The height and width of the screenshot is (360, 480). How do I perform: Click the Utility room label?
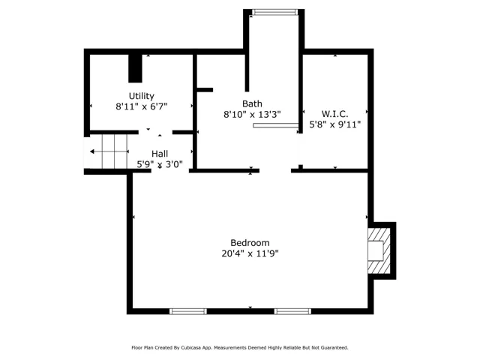(141, 96)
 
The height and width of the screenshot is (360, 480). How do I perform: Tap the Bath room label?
(252, 103)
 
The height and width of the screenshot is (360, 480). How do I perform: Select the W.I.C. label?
(335, 114)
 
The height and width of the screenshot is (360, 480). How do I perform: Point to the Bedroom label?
(250, 243)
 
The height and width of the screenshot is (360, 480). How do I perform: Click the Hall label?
(160, 154)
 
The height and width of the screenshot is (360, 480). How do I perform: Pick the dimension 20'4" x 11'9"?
(250, 253)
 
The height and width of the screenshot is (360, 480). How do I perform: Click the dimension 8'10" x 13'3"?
(252, 115)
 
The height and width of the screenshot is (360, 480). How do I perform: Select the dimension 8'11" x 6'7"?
(142, 106)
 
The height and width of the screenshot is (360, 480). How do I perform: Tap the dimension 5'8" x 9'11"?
(335, 124)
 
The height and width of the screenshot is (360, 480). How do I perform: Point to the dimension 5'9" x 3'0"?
(160, 164)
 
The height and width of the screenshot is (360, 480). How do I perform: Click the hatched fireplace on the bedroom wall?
(379, 250)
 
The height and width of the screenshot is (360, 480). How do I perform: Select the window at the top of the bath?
(275, 12)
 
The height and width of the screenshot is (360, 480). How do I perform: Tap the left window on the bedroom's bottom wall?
(188, 311)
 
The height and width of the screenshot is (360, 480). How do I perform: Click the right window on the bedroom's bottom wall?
(292, 311)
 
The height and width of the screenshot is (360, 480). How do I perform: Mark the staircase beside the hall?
(108, 151)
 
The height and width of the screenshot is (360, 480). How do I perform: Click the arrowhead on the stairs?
(91, 151)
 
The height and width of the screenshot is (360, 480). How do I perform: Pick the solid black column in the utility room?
(135, 68)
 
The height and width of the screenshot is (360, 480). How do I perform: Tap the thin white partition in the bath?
(275, 125)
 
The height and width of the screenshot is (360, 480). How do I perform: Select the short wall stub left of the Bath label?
(205, 90)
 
